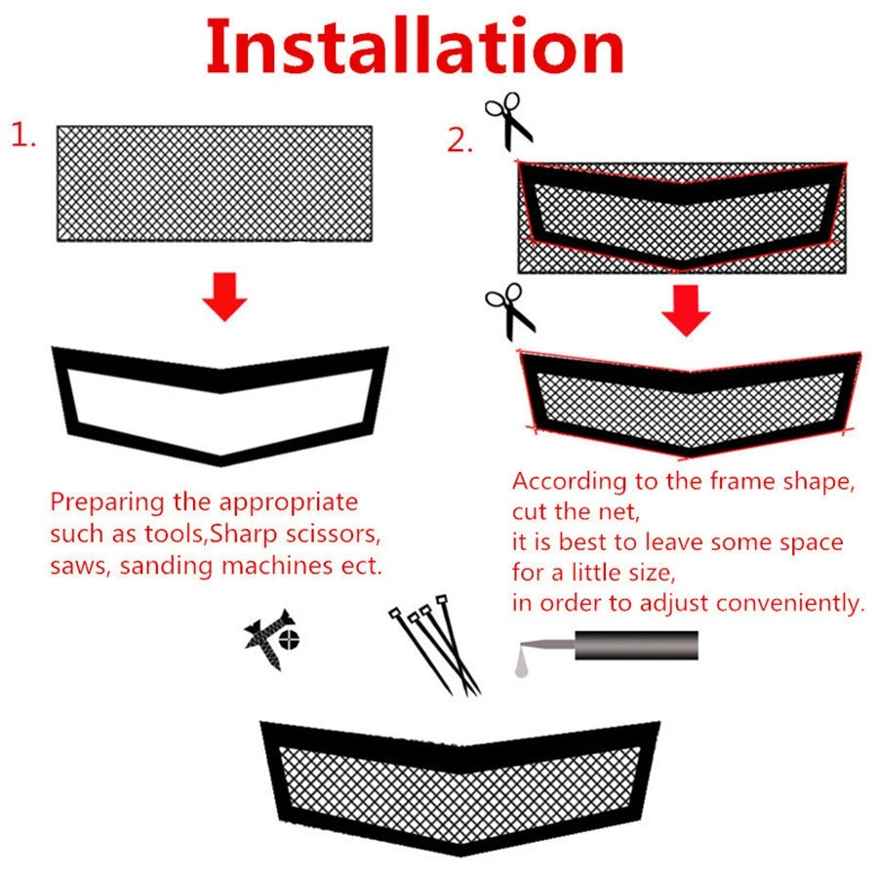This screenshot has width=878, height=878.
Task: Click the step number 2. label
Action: point(460,141)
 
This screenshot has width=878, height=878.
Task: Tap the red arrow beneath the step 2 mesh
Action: point(686,310)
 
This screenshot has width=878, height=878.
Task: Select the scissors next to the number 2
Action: point(509,121)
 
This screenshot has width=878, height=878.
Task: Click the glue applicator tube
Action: point(634,645)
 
